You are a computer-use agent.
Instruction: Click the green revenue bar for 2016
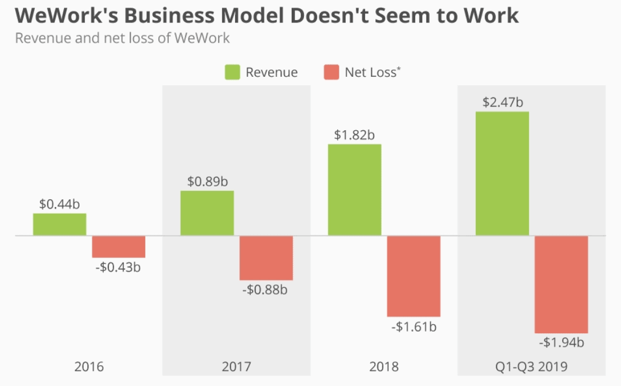pyautogui.click(x=59, y=224)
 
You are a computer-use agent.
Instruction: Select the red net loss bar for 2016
pyautogui.click(x=119, y=247)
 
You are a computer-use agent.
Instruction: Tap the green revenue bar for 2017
pyautogui.click(x=207, y=213)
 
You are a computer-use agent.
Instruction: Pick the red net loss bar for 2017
pyautogui.click(x=266, y=258)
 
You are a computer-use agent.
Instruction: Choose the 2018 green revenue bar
pyautogui.click(x=355, y=190)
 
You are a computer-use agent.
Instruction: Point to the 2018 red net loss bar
pyautogui.click(x=413, y=276)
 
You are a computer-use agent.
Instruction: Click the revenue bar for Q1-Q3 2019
pyautogui.click(x=502, y=173)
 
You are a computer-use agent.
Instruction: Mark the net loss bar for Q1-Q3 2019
pyautogui.click(x=561, y=284)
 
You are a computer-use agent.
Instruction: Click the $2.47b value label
pyautogui.click(x=503, y=103)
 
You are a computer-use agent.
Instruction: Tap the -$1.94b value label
pyautogui.click(x=562, y=342)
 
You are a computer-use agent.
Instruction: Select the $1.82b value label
pyautogui.click(x=355, y=135)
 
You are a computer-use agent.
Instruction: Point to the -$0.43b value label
pyautogui.click(x=118, y=266)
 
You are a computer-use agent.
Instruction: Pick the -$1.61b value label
pyautogui.click(x=414, y=326)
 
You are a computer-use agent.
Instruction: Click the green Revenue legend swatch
pyautogui.click(x=232, y=72)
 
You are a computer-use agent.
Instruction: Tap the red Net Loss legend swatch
pyautogui.click(x=332, y=72)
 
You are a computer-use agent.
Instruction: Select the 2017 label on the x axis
pyautogui.click(x=236, y=367)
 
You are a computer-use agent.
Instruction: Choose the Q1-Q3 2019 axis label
pyautogui.click(x=531, y=367)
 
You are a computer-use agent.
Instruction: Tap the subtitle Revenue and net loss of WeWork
pyautogui.click(x=122, y=39)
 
